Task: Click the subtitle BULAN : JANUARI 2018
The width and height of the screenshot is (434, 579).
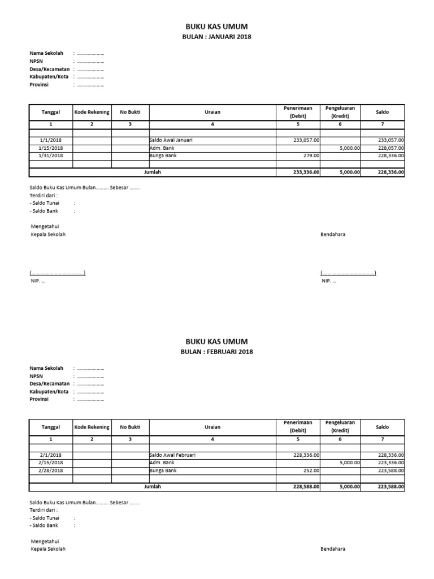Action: [x=218, y=37]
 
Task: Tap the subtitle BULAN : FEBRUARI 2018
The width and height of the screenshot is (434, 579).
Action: [x=218, y=352]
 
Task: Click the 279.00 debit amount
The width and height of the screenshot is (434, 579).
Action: [x=311, y=155]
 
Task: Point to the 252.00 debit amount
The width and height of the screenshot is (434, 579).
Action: [x=311, y=470]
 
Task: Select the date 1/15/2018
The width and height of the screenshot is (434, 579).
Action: [x=51, y=147]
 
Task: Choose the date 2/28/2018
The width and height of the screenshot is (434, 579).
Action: [x=51, y=470]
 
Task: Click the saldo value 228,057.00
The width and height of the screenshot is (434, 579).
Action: [x=390, y=147]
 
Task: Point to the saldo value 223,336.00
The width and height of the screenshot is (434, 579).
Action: [x=390, y=462]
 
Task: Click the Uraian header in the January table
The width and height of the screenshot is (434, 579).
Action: [x=212, y=112]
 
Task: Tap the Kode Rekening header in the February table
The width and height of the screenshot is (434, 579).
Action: [x=92, y=427]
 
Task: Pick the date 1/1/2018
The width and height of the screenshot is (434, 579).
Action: [x=51, y=140]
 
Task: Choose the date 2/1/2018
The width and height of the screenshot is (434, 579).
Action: [x=51, y=455]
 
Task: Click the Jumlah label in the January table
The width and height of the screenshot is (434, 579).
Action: [x=153, y=172]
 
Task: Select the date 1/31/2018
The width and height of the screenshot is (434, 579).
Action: [x=51, y=155]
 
